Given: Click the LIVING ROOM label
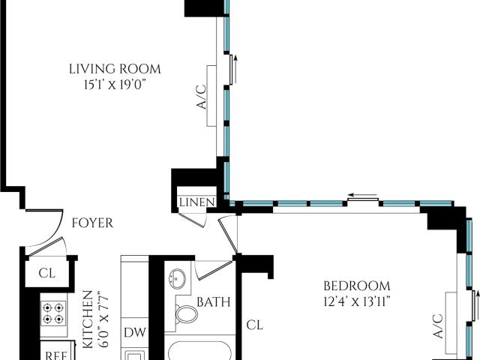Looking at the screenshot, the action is pyautogui.click(x=115, y=69).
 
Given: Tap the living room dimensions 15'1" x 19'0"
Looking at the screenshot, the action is pyautogui.click(x=114, y=85).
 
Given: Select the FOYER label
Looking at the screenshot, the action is pyautogui.click(x=92, y=223).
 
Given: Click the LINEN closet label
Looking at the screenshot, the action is pyautogui.click(x=196, y=202).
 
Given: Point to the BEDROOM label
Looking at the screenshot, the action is pyautogui.click(x=357, y=286).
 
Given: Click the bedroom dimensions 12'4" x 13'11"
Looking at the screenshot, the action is pyautogui.click(x=357, y=302).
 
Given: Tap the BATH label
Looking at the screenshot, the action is pyautogui.click(x=213, y=302).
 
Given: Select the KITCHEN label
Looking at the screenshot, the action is pyautogui.click(x=88, y=319).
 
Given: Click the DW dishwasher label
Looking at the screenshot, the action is pyautogui.click(x=135, y=332).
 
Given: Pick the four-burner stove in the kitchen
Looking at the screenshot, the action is pyautogui.click(x=53, y=313).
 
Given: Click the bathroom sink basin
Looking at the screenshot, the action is pyautogui.click(x=177, y=278).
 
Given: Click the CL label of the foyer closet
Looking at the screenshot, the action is pyautogui.click(x=46, y=273).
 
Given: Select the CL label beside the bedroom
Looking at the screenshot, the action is pyautogui.click(x=255, y=325).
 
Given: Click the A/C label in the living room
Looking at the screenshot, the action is pyautogui.click(x=202, y=97).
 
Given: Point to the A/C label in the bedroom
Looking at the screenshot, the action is pyautogui.click(x=439, y=326).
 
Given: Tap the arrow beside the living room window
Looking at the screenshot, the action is pyautogui.click(x=235, y=70).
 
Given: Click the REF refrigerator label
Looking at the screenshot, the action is pyautogui.click(x=56, y=355).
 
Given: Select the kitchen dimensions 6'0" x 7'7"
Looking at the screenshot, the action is pyautogui.click(x=104, y=321).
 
